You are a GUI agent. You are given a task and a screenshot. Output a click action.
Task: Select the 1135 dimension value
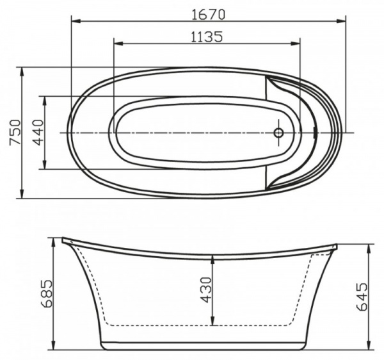(x=206, y=37)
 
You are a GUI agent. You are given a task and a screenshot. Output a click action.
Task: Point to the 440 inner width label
(x=36, y=133)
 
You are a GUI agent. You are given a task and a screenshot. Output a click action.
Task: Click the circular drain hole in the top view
(x=278, y=133)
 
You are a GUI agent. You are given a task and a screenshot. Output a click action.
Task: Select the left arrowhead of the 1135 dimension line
(x=117, y=45)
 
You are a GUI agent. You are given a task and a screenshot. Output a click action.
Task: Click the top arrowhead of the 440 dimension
(x=45, y=99)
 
